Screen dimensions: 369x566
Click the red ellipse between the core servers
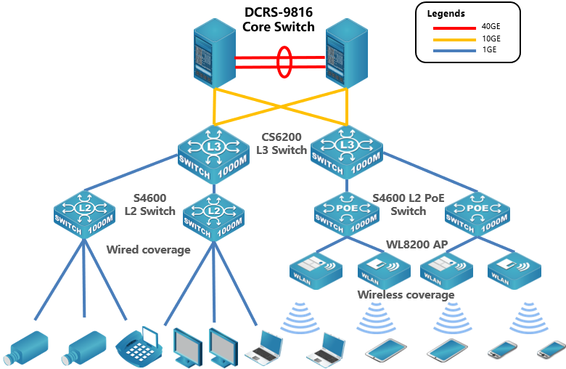pyautogui.click(x=284, y=62)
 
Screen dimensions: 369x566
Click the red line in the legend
pyautogui.click(x=454, y=28)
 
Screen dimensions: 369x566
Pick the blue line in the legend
pyautogui.click(x=454, y=51)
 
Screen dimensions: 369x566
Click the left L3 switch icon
pyautogui.click(x=213, y=153)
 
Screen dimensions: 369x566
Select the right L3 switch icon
pyautogui.click(x=346, y=153)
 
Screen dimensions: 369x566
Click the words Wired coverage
pyautogui.click(x=148, y=250)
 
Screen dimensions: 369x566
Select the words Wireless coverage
pyautogui.click(x=406, y=295)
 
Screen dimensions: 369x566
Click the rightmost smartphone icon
pyautogui.click(x=551, y=350)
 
